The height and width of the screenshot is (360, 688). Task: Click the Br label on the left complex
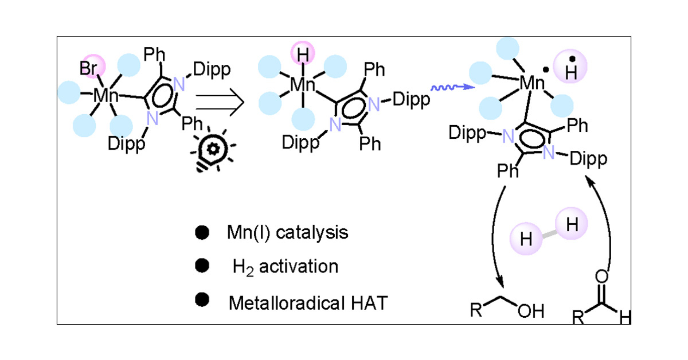click(x=88, y=68)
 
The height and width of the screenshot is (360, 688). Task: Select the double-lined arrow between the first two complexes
click(x=219, y=102)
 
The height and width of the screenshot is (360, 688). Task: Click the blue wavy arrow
click(x=452, y=87)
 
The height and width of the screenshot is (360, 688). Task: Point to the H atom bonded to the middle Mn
click(x=303, y=54)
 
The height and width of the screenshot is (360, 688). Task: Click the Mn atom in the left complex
click(x=106, y=95)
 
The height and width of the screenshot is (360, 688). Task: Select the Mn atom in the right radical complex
click(x=531, y=83)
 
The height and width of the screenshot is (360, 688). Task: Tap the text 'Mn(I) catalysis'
click(x=288, y=232)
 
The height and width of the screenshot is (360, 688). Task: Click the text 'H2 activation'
click(x=285, y=267)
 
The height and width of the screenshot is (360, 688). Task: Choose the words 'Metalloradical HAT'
click(x=308, y=303)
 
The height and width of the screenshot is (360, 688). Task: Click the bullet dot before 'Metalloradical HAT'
click(x=202, y=299)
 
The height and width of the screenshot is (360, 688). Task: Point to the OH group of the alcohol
click(x=531, y=311)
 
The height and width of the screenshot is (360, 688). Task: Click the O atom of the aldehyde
click(x=602, y=276)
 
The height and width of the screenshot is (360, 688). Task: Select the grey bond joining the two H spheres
click(x=549, y=234)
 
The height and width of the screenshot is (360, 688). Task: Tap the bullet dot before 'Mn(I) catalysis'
click(x=202, y=233)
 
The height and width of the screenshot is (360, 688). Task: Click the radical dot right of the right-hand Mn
click(x=546, y=70)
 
